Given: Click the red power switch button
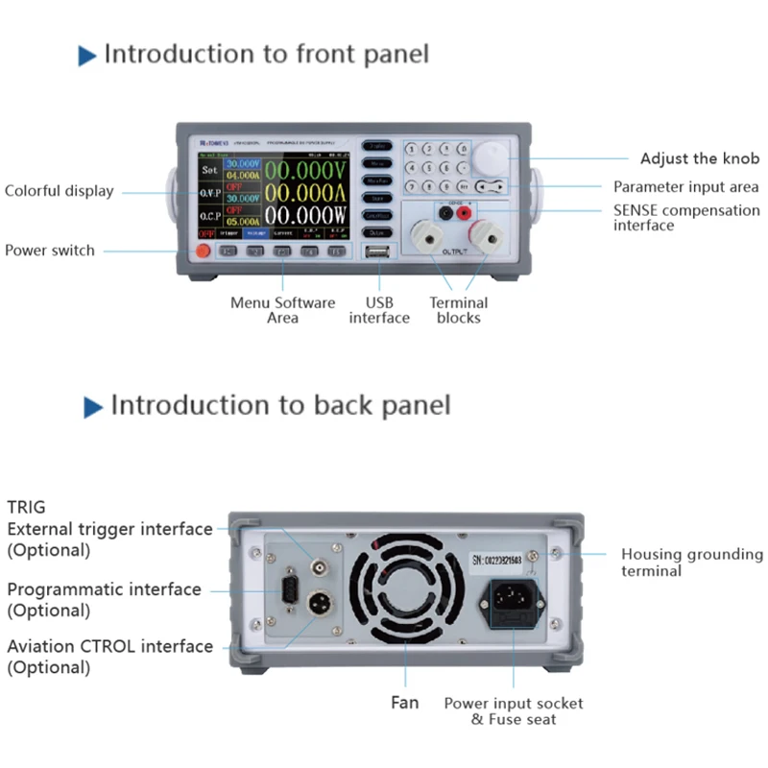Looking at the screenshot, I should (x=203, y=252).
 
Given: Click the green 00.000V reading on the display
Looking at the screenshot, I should (x=306, y=171).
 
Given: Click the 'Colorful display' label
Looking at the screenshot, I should (x=59, y=191).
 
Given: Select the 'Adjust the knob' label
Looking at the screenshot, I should (x=699, y=158).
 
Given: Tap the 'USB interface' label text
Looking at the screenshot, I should (x=379, y=310).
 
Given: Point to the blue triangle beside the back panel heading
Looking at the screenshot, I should (x=93, y=407).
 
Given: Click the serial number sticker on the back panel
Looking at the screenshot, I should (x=500, y=558).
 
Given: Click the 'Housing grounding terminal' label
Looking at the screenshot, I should (x=691, y=563).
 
